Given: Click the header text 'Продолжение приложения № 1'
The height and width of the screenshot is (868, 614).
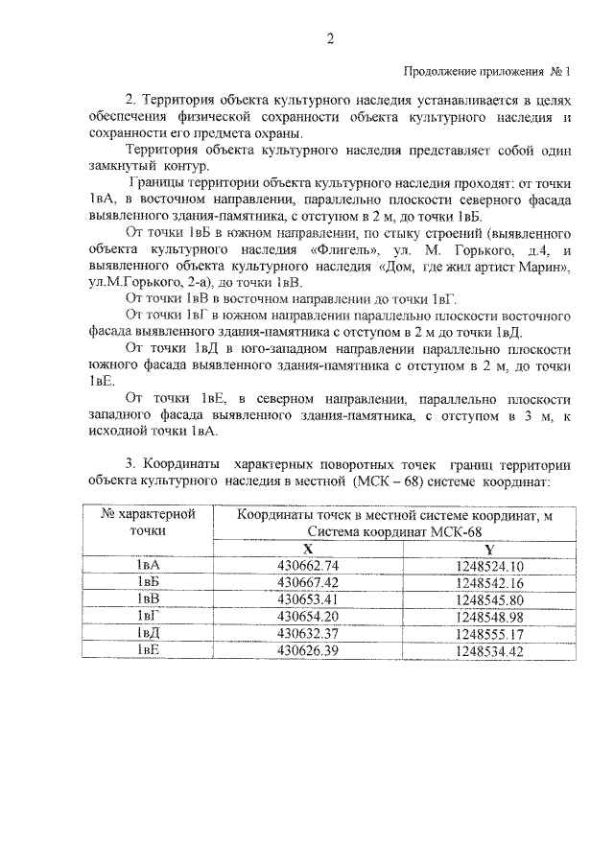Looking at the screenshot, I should click(x=485, y=72).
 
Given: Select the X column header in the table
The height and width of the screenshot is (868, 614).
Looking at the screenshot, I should click(x=308, y=549).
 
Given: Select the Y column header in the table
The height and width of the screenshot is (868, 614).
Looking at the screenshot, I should click(x=489, y=549).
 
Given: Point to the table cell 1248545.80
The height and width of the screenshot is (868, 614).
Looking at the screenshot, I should click(x=489, y=599).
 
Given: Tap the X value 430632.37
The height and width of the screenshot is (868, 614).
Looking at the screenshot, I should click(x=308, y=633).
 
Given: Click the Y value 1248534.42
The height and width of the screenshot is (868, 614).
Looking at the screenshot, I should click(x=489, y=650).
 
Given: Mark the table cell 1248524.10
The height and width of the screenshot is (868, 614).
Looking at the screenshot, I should click(x=489, y=566).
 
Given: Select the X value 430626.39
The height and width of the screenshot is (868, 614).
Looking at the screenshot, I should click(x=308, y=650).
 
